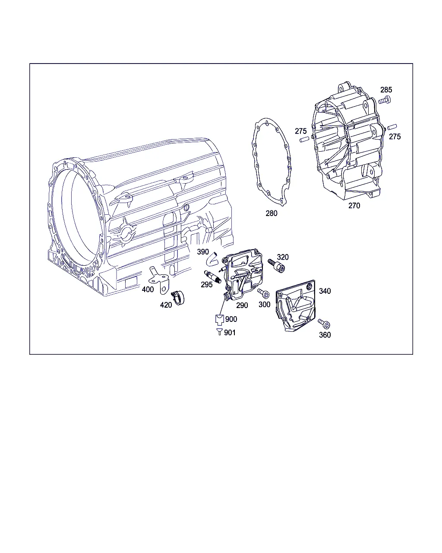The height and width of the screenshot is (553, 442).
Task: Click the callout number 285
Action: click(x=386, y=90)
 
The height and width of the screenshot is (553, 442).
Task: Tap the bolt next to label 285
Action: click(x=385, y=100)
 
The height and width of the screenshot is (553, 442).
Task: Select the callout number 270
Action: click(x=354, y=206)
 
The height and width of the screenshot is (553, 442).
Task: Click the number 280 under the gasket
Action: click(x=272, y=213)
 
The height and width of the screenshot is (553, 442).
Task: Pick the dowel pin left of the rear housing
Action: click(x=304, y=140)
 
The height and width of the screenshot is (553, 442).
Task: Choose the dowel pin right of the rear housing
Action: click(x=392, y=127)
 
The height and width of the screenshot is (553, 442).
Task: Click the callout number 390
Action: click(x=203, y=252)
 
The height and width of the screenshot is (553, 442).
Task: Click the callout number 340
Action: click(x=325, y=291)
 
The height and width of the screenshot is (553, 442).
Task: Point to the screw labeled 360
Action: click(x=324, y=324)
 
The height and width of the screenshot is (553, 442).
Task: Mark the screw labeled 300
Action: click(x=263, y=293)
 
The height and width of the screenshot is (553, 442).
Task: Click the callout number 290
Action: click(x=242, y=305)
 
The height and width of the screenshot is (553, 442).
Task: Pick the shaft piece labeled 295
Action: click(x=213, y=277)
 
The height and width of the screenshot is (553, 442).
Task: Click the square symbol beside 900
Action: click(x=220, y=320)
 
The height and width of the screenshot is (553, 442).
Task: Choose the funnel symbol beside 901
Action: click(x=219, y=332)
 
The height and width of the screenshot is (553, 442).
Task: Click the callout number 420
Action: click(x=166, y=305)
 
